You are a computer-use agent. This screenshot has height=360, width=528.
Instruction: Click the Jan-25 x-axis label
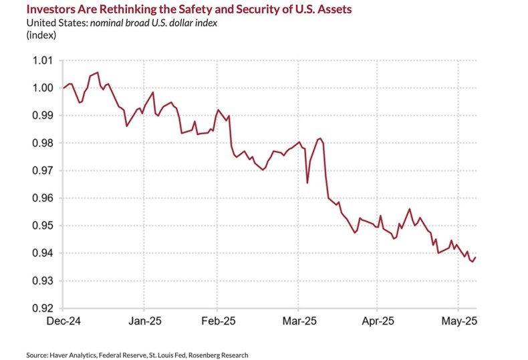tap(145, 321)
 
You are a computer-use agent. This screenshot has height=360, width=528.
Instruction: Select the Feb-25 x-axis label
tap(219, 321)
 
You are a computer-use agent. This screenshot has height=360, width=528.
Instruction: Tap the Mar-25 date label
tap(299, 321)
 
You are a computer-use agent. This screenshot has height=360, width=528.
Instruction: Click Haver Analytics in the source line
tap(72, 355)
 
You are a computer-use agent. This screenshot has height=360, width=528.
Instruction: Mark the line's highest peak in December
tap(98, 72)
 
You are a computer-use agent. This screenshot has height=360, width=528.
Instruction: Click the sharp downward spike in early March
tap(307, 182)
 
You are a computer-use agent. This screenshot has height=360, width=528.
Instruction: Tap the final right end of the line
tap(475, 258)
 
